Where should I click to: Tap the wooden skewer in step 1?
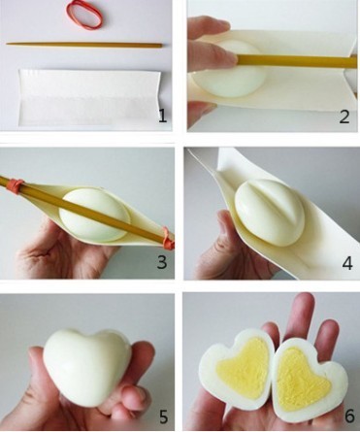(x=84, y=45)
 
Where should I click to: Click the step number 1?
(x=162, y=116)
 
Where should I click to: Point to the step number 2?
(x=344, y=116)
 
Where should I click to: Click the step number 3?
(x=162, y=262)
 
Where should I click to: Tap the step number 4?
(x=347, y=263)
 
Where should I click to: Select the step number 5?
(x=164, y=415)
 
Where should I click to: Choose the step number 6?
(x=349, y=415)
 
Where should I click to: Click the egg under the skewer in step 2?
(x=229, y=70)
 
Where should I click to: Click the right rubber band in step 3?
(x=169, y=238)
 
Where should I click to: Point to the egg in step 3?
(x=94, y=216)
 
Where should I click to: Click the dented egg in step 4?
(x=270, y=213)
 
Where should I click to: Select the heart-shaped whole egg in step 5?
(x=86, y=366)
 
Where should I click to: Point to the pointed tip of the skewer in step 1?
(x=7, y=44)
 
